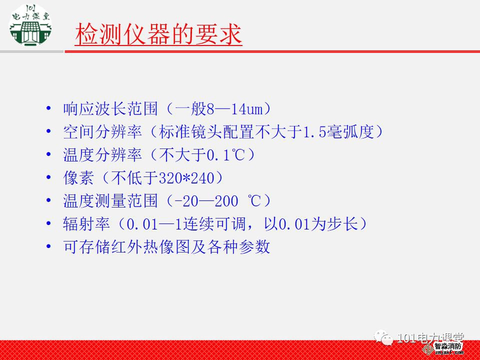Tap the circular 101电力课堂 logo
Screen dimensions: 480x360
pyautogui.click(x=30, y=25)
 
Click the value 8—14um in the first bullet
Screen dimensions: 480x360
pyautogui.click(x=235, y=109)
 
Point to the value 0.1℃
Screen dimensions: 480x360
pyautogui.click(x=226, y=155)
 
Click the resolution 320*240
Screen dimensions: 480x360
pyautogui.click(x=186, y=178)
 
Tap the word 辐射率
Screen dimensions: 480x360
pyautogui.click(x=86, y=224)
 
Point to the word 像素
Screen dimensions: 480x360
pyautogui.click(x=78, y=178)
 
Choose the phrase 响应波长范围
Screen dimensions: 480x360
pyautogui.click(x=110, y=109)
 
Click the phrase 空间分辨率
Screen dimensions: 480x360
pyautogui.click(x=102, y=132)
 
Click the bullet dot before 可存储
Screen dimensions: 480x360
pyautogui.click(x=48, y=246)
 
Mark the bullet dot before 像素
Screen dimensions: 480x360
pyautogui.click(x=48, y=177)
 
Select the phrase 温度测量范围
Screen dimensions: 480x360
pyautogui.click(x=110, y=201)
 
